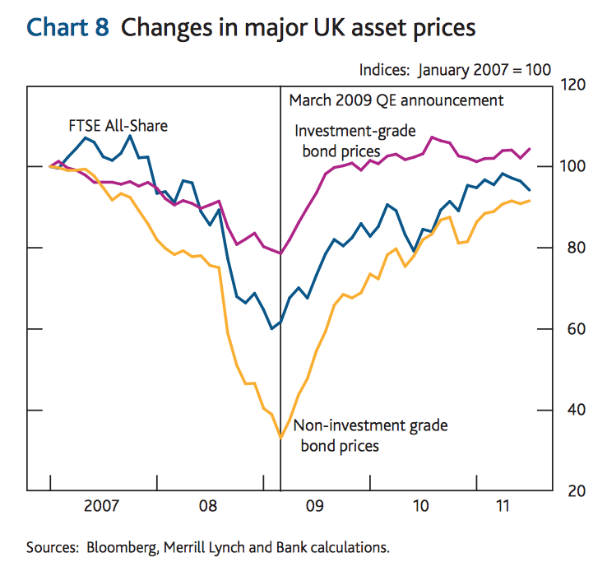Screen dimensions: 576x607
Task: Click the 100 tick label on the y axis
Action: (x=574, y=166)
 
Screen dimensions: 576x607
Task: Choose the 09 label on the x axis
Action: (x=314, y=506)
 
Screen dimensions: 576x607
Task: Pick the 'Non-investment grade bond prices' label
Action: (x=370, y=435)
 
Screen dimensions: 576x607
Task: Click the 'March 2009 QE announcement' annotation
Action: (x=396, y=100)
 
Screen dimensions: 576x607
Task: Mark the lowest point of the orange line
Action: (x=281, y=438)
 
